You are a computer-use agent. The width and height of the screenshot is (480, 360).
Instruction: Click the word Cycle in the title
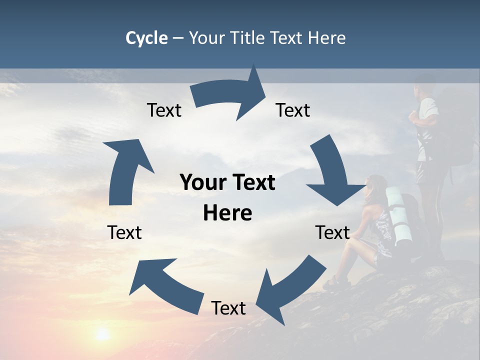pos(146,38)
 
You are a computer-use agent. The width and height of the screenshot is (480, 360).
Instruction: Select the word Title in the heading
pos(248,38)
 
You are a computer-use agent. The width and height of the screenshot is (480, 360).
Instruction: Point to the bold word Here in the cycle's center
pos(227,213)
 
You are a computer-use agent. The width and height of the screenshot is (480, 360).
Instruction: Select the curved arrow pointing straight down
pos(332,172)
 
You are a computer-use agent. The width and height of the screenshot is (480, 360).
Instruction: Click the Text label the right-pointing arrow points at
pos(293,110)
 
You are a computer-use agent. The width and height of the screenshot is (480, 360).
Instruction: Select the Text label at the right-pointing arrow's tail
pos(164,110)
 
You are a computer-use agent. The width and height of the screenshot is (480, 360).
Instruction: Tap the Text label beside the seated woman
pos(332,232)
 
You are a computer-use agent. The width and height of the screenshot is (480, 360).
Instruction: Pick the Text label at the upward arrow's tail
pos(124,232)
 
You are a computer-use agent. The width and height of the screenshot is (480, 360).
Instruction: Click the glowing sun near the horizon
pos(102,334)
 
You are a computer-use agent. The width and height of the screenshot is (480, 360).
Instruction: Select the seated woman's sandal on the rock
pos(333,283)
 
